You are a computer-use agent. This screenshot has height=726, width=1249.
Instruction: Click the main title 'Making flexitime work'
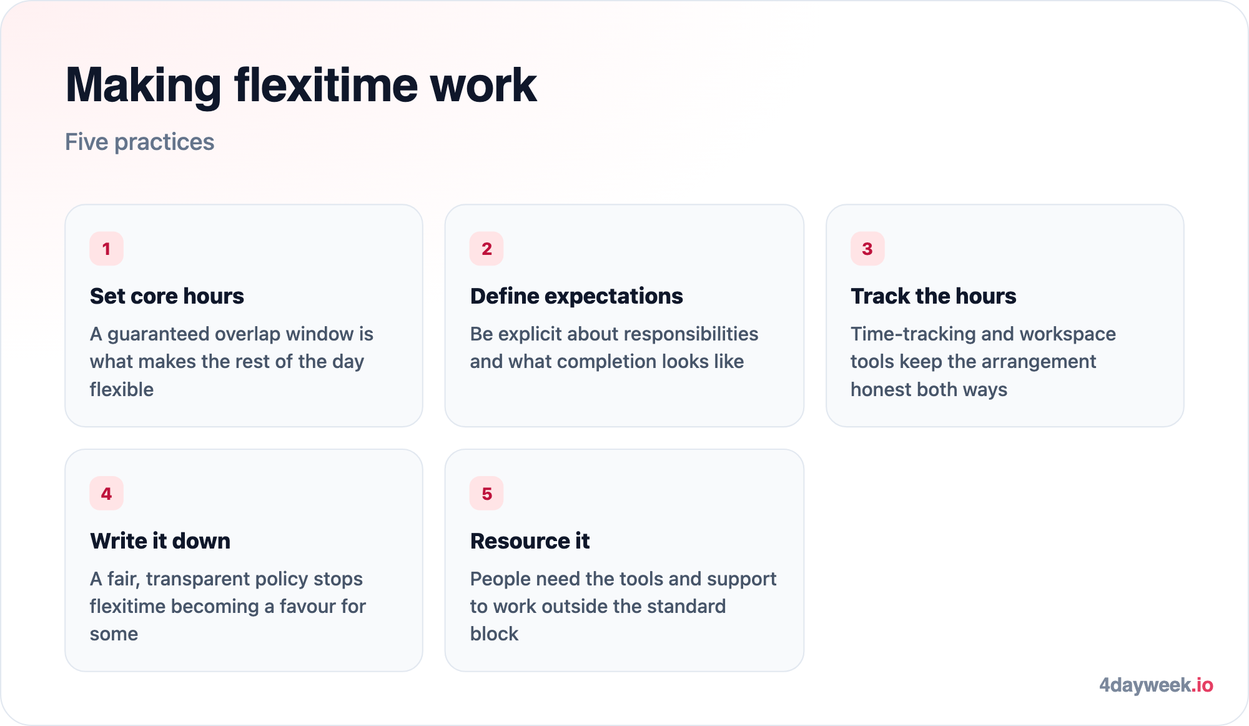click(301, 86)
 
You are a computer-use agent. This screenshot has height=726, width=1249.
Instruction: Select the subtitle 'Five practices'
click(140, 142)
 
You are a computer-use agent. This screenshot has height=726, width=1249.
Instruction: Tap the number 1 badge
click(107, 249)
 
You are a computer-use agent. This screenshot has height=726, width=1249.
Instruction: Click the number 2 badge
click(486, 249)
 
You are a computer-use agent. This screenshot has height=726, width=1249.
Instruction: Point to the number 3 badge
click(867, 249)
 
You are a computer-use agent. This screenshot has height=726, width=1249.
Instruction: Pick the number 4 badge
click(107, 494)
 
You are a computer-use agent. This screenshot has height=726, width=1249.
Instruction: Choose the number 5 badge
click(486, 494)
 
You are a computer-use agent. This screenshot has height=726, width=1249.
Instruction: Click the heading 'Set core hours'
click(167, 296)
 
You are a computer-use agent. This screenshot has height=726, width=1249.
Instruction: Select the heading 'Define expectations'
click(576, 296)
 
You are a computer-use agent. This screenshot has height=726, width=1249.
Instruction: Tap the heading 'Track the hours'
click(933, 296)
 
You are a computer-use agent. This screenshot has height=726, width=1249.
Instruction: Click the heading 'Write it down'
click(160, 541)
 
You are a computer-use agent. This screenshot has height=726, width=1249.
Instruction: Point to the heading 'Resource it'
click(530, 541)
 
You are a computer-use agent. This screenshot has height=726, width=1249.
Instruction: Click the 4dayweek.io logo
click(1156, 685)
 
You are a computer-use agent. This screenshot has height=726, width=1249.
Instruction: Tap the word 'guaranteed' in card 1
click(159, 334)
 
